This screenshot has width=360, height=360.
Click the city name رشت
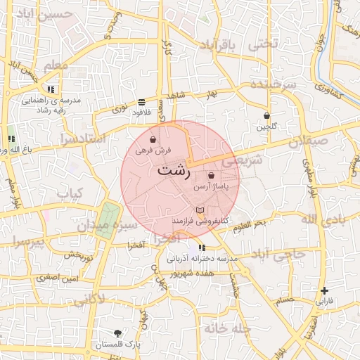click(x=173, y=172)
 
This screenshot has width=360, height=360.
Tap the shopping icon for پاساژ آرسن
click(x=212, y=174)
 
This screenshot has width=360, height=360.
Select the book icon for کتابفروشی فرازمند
click(x=200, y=211)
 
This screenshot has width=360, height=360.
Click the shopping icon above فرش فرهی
click(x=153, y=140)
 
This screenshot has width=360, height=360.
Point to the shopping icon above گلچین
click(x=267, y=116)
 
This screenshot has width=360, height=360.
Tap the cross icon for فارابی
click(x=324, y=290)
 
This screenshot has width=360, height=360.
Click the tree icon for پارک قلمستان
click(x=117, y=334)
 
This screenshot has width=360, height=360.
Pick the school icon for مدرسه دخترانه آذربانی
click(x=202, y=248)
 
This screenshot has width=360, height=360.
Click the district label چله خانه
click(x=229, y=328)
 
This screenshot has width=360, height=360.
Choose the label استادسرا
click(x=82, y=139)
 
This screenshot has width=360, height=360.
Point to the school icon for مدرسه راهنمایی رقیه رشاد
click(x=51, y=90)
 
